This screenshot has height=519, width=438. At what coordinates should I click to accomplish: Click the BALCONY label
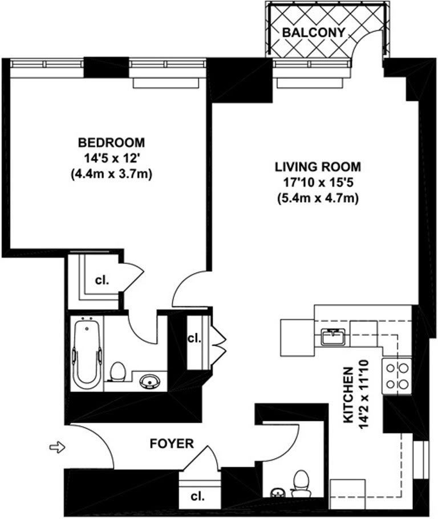(x=314, y=32)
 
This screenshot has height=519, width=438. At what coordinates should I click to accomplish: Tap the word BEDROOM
(x=111, y=142)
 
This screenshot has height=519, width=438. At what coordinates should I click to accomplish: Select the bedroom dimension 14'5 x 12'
(x=111, y=158)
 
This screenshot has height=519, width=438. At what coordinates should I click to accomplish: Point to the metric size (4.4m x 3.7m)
(x=111, y=174)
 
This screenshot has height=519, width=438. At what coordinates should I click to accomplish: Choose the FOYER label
(x=172, y=443)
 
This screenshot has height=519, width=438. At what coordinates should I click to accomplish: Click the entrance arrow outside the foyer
(x=58, y=448)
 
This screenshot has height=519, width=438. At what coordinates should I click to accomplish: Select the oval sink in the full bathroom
(x=149, y=381)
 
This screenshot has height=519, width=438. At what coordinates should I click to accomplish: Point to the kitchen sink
(x=331, y=337)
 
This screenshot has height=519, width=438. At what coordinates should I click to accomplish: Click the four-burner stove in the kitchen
(x=398, y=376)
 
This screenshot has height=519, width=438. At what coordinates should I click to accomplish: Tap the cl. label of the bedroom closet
(x=102, y=280)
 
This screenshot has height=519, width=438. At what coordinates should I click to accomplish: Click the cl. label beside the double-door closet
(x=194, y=338)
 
